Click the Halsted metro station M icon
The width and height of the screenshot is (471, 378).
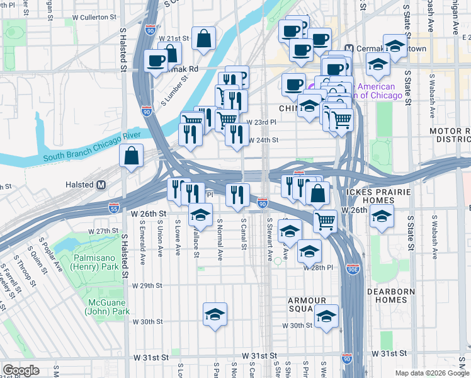point(100,185)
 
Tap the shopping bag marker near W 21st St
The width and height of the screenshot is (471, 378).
point(204,39)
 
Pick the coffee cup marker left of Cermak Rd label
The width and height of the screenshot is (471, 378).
point(156,61)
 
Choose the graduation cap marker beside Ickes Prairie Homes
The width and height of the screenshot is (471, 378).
point(382,215)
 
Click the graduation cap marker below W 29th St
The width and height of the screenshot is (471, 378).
point(215,314)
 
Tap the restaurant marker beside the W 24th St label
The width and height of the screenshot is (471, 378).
point(237,134)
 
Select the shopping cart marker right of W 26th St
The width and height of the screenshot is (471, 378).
point(325,220)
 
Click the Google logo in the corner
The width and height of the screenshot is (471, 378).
point(21,370)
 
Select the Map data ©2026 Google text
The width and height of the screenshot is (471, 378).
point(431,373)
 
